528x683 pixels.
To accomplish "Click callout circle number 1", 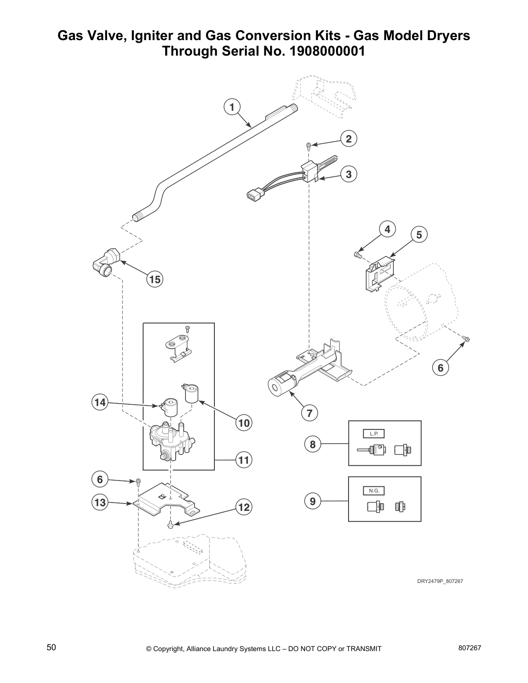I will tap(232, 107).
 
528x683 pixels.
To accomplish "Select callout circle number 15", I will tap(154, 279).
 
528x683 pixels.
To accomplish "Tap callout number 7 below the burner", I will tap(309, 413).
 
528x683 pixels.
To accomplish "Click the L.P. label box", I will tap(374, 434).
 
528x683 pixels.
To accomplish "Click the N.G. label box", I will tap(374, 491).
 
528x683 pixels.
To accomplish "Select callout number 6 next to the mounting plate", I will tap(100, 479).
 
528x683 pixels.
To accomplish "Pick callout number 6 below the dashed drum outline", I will tap(440, 367).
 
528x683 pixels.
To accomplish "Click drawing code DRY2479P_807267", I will tap(440, 581).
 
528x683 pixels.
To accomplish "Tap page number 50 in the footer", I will tap(51, 647).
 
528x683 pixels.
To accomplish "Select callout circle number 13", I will tap(100, 502).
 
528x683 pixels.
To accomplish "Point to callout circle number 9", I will tap(313, 501).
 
